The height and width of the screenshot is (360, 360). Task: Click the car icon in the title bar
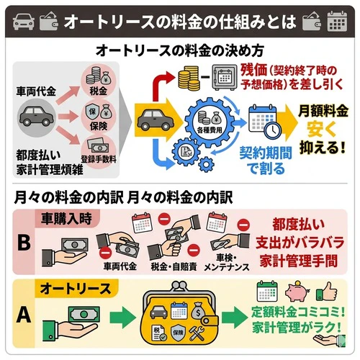(x=22, y=22)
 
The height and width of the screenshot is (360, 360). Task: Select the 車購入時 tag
(x=68, y=216)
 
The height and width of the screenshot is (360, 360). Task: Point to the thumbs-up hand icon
(x=328, y=292)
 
